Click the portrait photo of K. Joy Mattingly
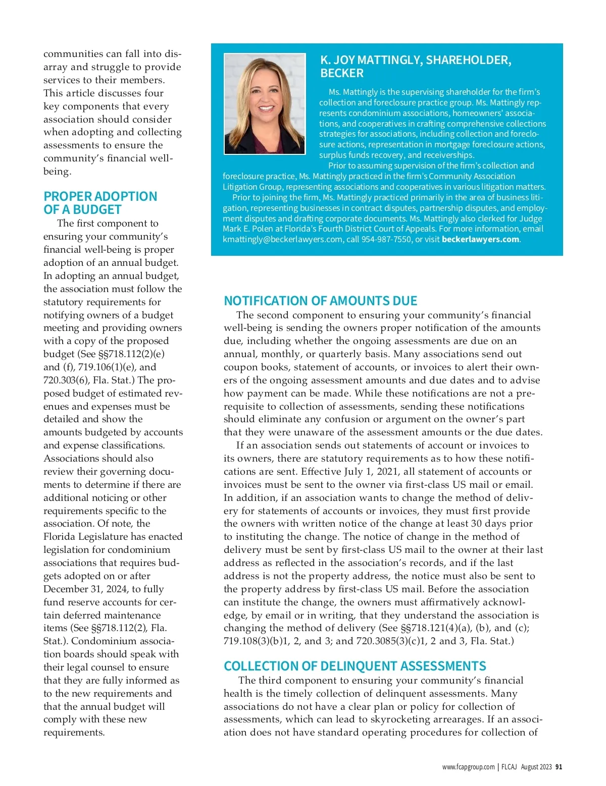[x=265, y=104]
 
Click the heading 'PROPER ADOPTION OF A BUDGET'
[x=100, y=203]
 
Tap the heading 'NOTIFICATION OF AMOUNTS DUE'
[x=320, y=301]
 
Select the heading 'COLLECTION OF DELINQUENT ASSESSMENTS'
[x=355, y=666]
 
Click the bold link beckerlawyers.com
[x=480, y=240]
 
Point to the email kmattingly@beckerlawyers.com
[x=282, y=240]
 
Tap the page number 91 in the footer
[x=559, y=767]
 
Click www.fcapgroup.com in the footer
[x=468, y=767]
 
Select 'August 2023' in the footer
[x=536, y=767]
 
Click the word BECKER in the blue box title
[x=341, y=74]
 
